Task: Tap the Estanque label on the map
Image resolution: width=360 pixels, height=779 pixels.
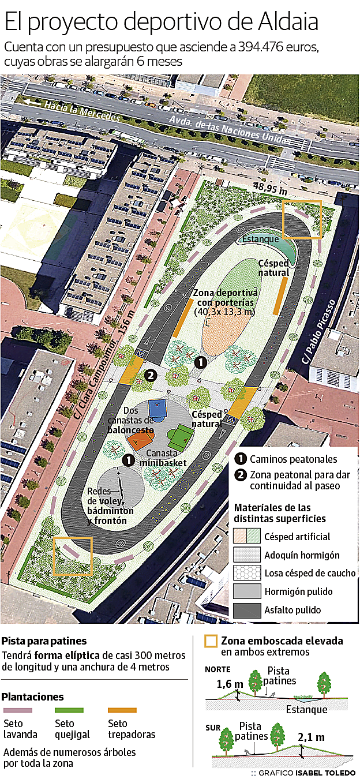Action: pyautogui.click(x=260, y=239)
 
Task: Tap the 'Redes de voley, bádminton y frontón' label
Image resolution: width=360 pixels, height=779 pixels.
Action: pyautogui.click(x=110, y=505)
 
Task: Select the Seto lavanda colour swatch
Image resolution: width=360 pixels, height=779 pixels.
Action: pyautogui.click(x=18, y=710)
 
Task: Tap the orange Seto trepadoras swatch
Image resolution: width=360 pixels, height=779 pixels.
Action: pyautogui.click(x=122, y=710)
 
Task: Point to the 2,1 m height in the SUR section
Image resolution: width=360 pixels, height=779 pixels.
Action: pyautogui.click(x=312, y=737)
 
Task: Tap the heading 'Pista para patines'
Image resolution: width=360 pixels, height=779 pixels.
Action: pyautogui.click(x=44, y=641)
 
